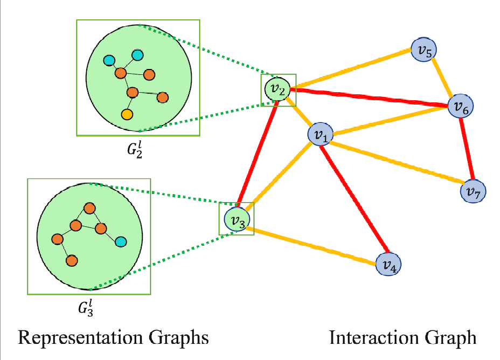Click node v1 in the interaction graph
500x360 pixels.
point(321,135)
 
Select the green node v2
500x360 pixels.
point(278,88)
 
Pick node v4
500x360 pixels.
point(389,264)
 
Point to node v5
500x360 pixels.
point(423,51)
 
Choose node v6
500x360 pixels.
point(460,107)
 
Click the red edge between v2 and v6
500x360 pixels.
point(372,98)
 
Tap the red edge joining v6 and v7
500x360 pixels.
point(467,148)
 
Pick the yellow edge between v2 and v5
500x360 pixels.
point(350,70)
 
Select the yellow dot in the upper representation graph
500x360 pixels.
point(127,114)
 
